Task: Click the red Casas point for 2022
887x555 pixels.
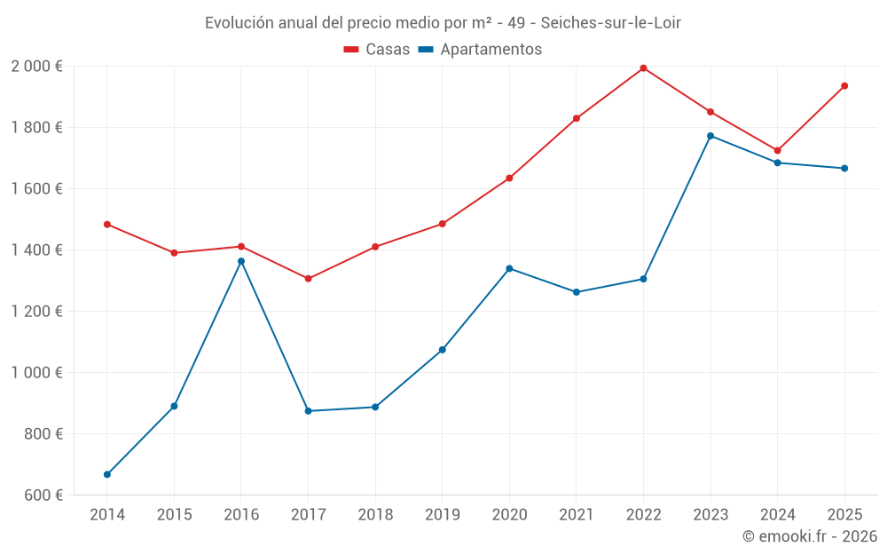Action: (643, 68)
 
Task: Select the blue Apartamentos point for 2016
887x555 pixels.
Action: (241, 261)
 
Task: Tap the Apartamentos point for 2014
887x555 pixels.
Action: (107, 474)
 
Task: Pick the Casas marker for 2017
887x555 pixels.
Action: (308, 279)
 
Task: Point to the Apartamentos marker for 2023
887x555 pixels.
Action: (710, 136)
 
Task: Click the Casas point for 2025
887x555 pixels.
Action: (844, 86)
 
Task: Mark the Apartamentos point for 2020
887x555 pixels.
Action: (509, 268)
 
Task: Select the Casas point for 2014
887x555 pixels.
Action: (107, 225)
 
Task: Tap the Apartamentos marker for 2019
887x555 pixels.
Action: (442, 350)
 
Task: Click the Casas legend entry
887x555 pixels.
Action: (377, 50)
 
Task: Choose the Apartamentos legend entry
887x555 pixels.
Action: (480, 50)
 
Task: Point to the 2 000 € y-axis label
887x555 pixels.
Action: (36, 67)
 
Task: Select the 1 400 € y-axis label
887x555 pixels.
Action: (36, 250)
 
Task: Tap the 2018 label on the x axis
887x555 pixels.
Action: (375, 514)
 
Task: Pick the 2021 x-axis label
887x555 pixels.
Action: (577, 514)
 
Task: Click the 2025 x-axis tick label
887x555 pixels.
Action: (844, 514)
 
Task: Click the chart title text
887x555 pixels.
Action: (443, 22)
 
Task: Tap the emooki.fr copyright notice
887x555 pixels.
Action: (810, 536)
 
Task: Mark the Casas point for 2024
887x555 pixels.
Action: (777, 151)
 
